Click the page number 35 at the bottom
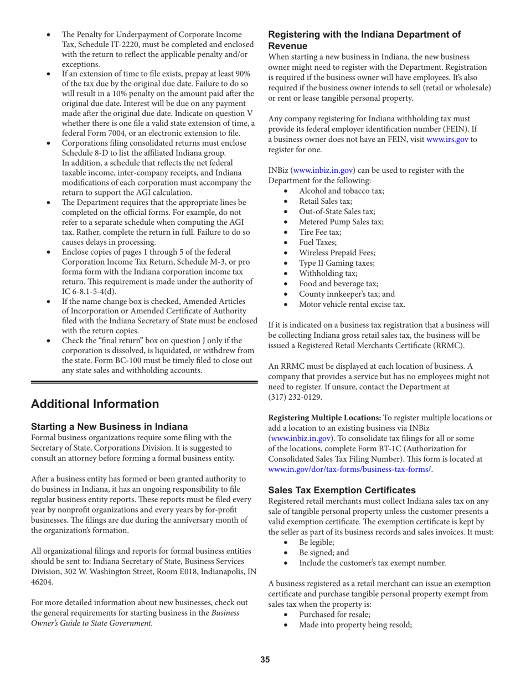click(x=265, y=659)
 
